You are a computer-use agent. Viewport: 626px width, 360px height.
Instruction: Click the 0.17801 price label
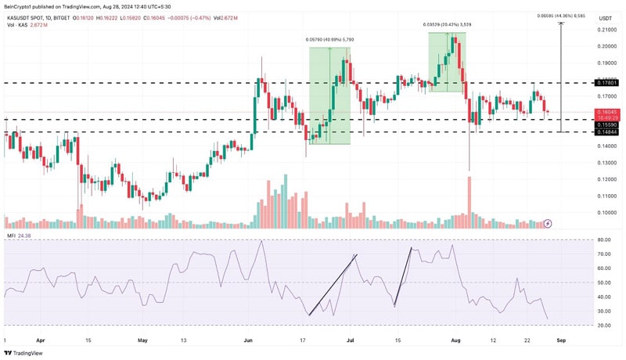point(606,82)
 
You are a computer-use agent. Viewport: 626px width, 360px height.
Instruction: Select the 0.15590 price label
point(606,124)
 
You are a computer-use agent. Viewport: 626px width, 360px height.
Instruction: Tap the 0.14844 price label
point(606,132)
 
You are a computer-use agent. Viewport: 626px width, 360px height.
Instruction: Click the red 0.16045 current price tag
point(606,112)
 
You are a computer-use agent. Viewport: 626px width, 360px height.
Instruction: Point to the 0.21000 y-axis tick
point(606,31)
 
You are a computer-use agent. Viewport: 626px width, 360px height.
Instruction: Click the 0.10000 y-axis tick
point(606,212)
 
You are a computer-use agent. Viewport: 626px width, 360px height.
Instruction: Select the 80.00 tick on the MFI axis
point(604,240)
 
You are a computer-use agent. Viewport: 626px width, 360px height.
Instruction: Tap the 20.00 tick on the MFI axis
point(604,326)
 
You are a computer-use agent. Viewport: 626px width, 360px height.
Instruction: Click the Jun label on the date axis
point(249,340)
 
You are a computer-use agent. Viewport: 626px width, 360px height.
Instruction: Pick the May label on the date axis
point(142,340)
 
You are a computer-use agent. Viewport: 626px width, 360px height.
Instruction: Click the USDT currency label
point(605,17)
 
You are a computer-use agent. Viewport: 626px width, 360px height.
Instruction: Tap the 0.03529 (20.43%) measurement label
point(448,25)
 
